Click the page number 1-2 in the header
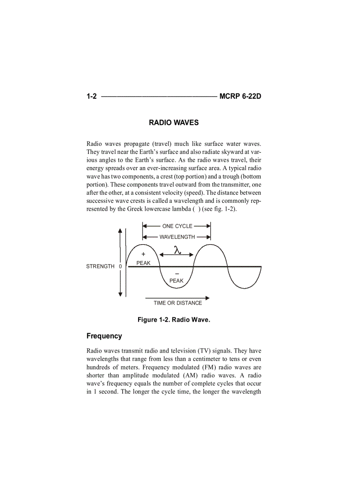coord(91,96)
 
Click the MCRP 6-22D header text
coord(240,96)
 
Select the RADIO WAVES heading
coord(174,123)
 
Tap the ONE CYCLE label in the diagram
coord(177,226)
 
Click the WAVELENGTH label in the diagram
coord(177,237)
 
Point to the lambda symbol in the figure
coord(177,250)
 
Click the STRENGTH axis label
coord(100,266)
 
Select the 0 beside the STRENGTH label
coord(120,266)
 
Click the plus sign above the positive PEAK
coord(143,254)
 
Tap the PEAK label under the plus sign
coord(143,263)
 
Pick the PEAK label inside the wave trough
coord(176,280)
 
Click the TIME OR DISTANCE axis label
coord(178,303)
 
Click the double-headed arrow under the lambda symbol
coord(176,255)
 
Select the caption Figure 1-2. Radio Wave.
coord(174,320)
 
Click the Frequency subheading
coord(104,336)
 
